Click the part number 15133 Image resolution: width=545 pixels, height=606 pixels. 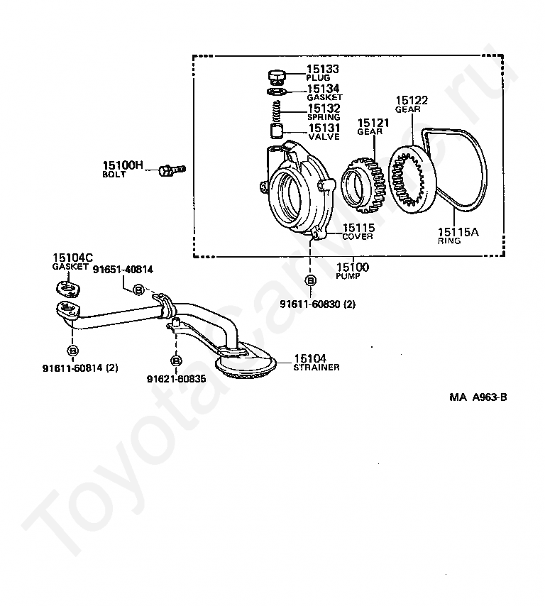tap(323, 69)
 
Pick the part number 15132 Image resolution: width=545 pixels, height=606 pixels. tap(323, 109)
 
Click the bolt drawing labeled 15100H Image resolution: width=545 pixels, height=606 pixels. tap(172, 170)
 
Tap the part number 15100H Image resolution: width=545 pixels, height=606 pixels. tap(123, 166)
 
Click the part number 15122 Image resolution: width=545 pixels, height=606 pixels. tap(411, 101)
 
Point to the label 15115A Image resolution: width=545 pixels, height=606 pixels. tap(458, 231)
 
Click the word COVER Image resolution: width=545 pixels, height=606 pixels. tap(358, 236)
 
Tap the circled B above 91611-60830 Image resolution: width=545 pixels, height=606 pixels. tap(311, 281)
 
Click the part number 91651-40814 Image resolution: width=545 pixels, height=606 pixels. tap(122, 269)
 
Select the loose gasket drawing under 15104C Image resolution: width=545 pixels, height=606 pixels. tap(67, 288)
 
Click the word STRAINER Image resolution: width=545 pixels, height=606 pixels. tap(316, 367)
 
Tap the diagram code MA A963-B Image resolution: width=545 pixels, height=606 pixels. tap(478, 397)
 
